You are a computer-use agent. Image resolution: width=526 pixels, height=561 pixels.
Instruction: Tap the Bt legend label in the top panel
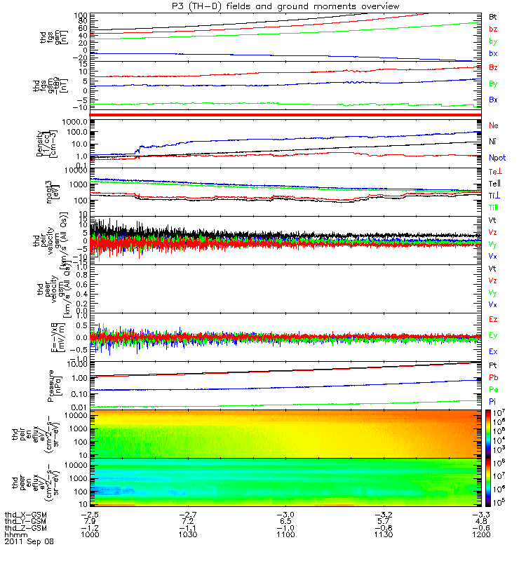pos(494,15)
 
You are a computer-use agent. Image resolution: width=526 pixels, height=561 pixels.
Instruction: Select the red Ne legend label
pos(494,125)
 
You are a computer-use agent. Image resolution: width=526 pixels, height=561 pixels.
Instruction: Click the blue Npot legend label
pos(497,158)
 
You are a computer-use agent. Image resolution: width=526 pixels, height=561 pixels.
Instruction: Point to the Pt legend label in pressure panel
pos(494,366)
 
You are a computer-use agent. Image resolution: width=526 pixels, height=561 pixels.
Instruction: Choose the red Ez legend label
pos(494,320)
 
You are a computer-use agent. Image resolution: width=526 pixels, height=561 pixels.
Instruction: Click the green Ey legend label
pos(494,335)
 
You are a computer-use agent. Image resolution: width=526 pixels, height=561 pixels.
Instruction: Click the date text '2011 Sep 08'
pos(29,541)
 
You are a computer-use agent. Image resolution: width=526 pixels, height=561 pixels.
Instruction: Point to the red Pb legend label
pos(494,377)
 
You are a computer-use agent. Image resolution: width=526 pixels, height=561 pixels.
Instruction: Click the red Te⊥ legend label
pos(494,173)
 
